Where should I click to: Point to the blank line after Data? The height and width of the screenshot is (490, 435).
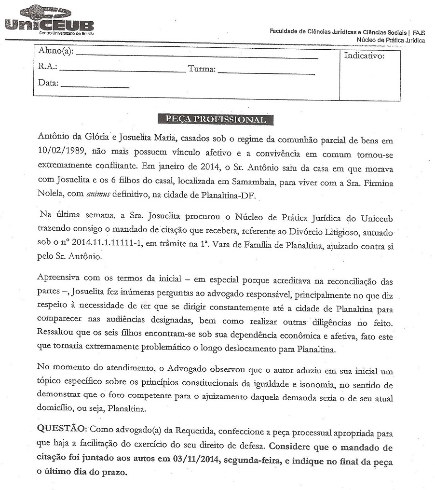95,87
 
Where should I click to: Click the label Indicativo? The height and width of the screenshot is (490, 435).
364,56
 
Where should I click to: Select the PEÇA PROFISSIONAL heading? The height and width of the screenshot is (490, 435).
216,119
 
